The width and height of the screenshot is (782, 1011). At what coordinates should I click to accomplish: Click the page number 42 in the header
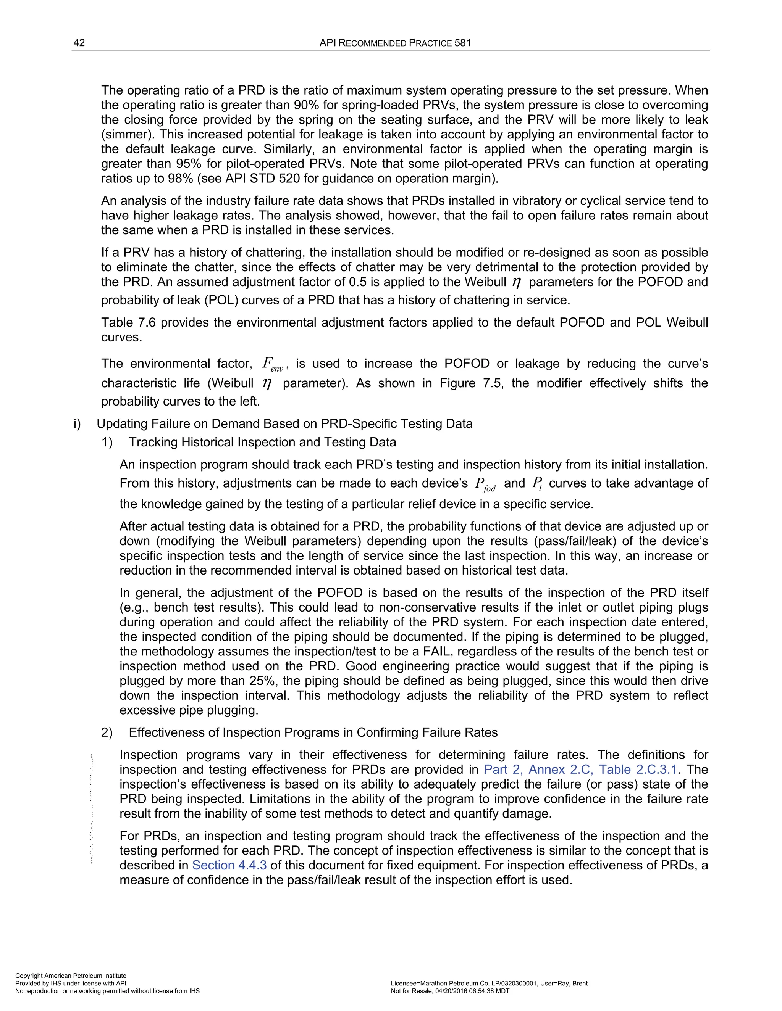(x=79, y=43)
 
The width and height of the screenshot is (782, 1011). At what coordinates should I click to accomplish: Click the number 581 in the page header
(x=462, y=43)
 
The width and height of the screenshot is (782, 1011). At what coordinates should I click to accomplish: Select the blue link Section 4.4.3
(x=229, y=865)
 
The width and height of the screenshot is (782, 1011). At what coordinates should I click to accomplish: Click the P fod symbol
(x=485, y=485)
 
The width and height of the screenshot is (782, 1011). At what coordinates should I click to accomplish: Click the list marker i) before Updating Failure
(x=78, y=423)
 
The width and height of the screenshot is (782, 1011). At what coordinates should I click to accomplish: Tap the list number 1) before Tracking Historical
(x=107, y=442)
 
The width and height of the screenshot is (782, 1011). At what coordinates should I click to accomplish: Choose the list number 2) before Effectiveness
(x=107, y=732)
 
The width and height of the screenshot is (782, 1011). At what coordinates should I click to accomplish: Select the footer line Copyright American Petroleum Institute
(x=71, y=976)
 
